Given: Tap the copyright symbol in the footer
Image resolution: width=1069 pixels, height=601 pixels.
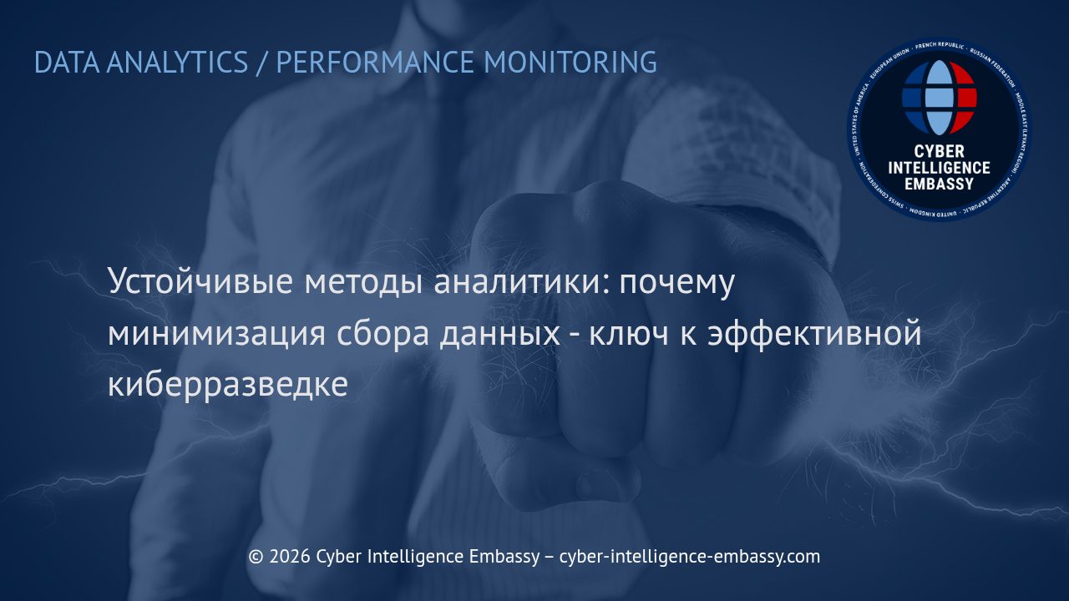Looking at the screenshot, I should (256, 556).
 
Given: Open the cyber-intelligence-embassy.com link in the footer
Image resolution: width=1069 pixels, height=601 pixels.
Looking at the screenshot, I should (689, 556).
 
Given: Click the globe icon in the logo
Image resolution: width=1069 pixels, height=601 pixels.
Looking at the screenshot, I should (940, 98).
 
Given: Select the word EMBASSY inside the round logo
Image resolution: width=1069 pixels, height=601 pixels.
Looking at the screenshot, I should (940, 183).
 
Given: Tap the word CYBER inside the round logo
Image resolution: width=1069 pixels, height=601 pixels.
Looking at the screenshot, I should (940, 152).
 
